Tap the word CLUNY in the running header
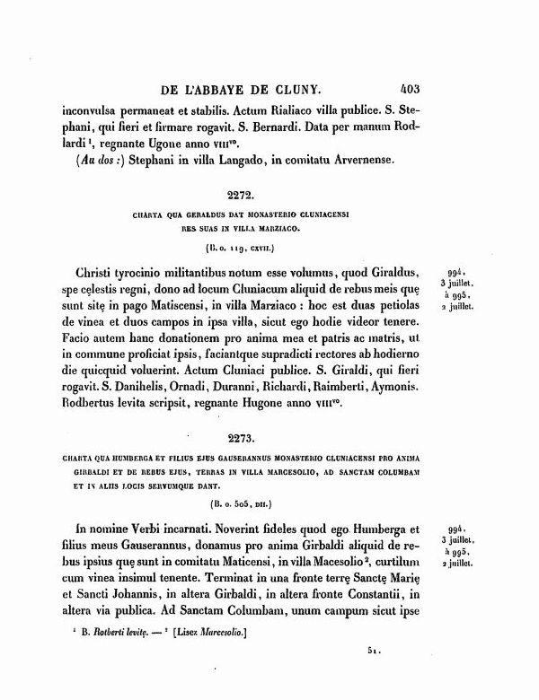(302, 90)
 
